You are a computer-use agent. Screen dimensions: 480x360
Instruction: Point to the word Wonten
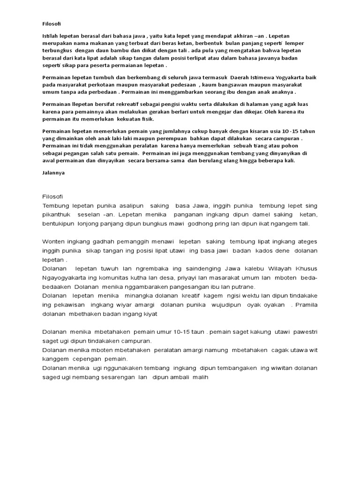click(54, 241)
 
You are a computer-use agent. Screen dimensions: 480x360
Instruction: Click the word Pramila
click(306, 305)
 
